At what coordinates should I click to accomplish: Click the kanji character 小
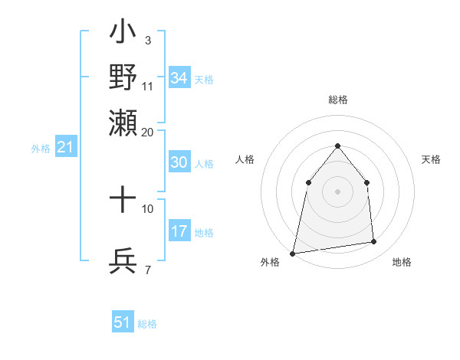(x=123, y=35)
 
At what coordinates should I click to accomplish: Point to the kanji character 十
(x=123, y=200)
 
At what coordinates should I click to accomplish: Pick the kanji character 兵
(x=123, y=261)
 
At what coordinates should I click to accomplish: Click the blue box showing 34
(x=179, y=78)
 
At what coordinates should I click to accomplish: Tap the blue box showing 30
(x=179, y=162)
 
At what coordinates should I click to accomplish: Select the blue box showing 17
(x=179, y=231)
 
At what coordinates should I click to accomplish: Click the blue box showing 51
(x=123, y=322)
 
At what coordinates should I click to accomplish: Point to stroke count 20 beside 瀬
(x=147, y=132)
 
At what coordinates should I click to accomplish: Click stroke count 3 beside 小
(x=147, y=39)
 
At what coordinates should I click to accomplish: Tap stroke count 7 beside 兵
(x=147, y=270)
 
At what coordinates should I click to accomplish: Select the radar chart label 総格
(x=338, y=100)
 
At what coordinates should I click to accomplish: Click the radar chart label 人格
(x=245, y=159)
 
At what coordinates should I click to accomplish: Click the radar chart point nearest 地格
(x=374, y=242)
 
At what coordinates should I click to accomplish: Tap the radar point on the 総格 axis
(x=338, y=146)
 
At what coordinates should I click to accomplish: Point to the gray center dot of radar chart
(x=338, y=191)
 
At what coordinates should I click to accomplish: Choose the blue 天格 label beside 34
(x=204, y=79)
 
